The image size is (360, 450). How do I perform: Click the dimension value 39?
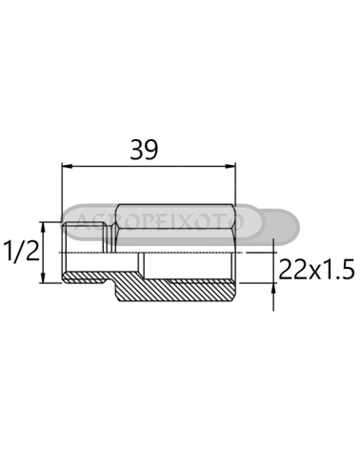144,150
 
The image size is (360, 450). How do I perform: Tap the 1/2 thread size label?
22,251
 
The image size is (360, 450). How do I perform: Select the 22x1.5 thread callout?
317,269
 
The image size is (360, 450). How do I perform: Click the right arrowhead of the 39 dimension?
230,166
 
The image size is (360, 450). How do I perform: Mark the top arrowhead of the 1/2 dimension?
44,228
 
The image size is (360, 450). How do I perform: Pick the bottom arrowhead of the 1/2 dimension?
44,277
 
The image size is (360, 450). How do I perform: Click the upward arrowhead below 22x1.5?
273,288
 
